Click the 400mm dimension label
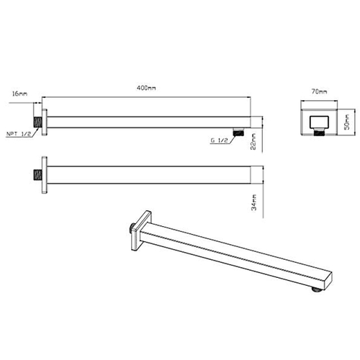click(x=146, y=88)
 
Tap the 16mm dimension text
click(x=19, y=94)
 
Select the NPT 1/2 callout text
click(x=19, y=134)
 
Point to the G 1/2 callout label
click(x=219, y=140)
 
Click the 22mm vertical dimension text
click(x=253, y=141)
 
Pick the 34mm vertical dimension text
click(x=253, y=202)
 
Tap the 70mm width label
click(x=319, y=91)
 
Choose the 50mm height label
click(x=347, y=122)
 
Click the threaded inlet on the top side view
click(x=37, y=122)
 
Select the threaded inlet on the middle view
click(x=37, y=175)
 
